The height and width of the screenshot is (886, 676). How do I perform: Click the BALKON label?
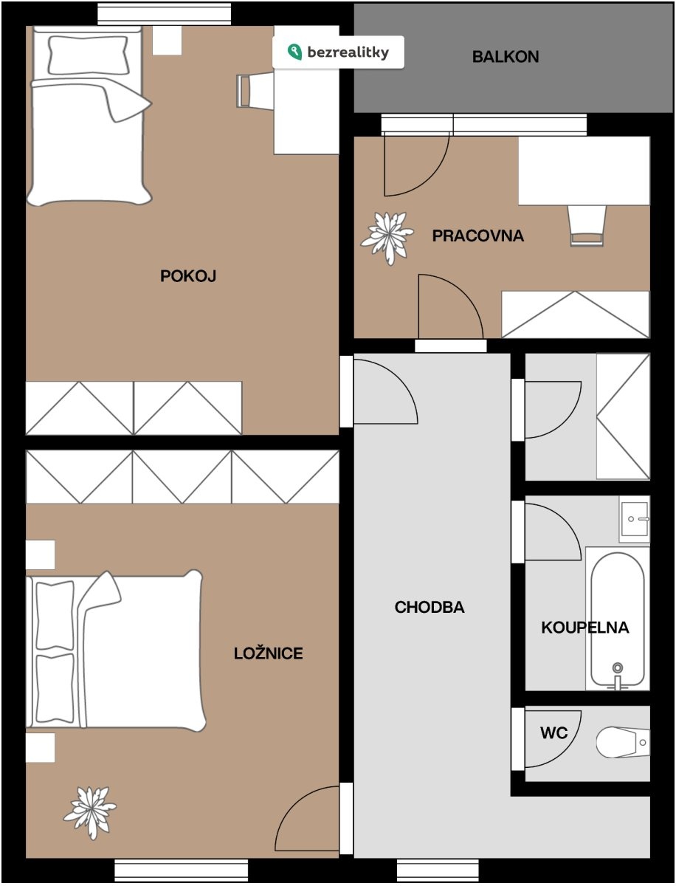[x=506, y=57]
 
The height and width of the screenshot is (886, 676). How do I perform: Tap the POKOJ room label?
[x=188, y=276]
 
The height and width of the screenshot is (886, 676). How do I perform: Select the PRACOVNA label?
[x=478, y=236]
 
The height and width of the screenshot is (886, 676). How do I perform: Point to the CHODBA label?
[x=430, y=607]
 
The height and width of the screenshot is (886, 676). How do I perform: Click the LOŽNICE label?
[x=268, y=653]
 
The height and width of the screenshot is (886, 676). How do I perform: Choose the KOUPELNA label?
[x=584, y=628]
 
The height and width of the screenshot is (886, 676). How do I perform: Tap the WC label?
[x=553, y=732]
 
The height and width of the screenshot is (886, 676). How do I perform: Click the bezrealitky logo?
[x=338, y=52]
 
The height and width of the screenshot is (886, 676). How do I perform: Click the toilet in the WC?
[x=623, y=742]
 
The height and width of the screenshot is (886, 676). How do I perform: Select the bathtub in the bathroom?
[x=617, y=619]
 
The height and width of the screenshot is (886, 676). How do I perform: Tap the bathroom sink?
[x=635, y=519]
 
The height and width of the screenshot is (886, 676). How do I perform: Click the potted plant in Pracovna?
[x=387, y=238]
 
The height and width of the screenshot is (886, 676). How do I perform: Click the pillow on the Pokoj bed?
[x=88, y=55]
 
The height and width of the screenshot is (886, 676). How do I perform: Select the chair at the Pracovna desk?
[x=587, y=226]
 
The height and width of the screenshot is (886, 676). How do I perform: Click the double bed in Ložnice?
[x=116, y=650]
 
